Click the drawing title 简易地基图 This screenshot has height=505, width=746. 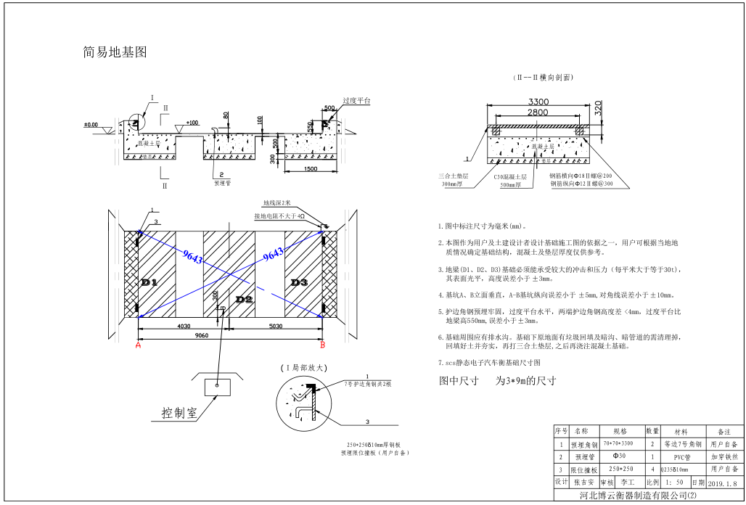pos(115,52)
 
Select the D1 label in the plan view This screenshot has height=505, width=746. pos(149,282)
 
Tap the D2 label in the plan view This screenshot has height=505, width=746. pos(244,299)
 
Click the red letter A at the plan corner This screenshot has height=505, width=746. pos(138,346)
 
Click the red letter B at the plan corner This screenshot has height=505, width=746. pos(323,346)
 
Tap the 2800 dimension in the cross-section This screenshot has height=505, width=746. pos(538,112)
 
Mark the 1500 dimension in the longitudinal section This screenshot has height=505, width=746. pos(311,169)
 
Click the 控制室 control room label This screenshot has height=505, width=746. pos(179,413)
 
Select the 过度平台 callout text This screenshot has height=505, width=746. pos(356,101)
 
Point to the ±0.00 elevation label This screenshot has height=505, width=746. pos(91,125)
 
